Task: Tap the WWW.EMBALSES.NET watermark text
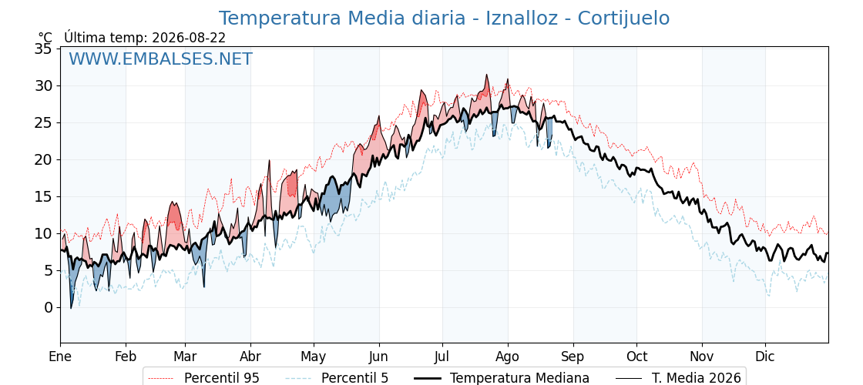coord(161,59)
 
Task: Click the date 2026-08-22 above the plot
coord(189,38)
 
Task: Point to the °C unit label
coord(45,38)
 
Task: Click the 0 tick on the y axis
coord(49,307)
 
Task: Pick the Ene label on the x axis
coord(61,357)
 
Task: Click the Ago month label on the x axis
coord(508,357)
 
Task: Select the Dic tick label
coord(765,357)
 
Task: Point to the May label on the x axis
coord(314,357)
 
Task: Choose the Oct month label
coord(636,357)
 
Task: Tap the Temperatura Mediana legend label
coord(519,378)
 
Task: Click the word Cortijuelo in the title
coord(623,18)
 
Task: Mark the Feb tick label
coord(126,357)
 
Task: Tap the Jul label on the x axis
coord(442,357)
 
